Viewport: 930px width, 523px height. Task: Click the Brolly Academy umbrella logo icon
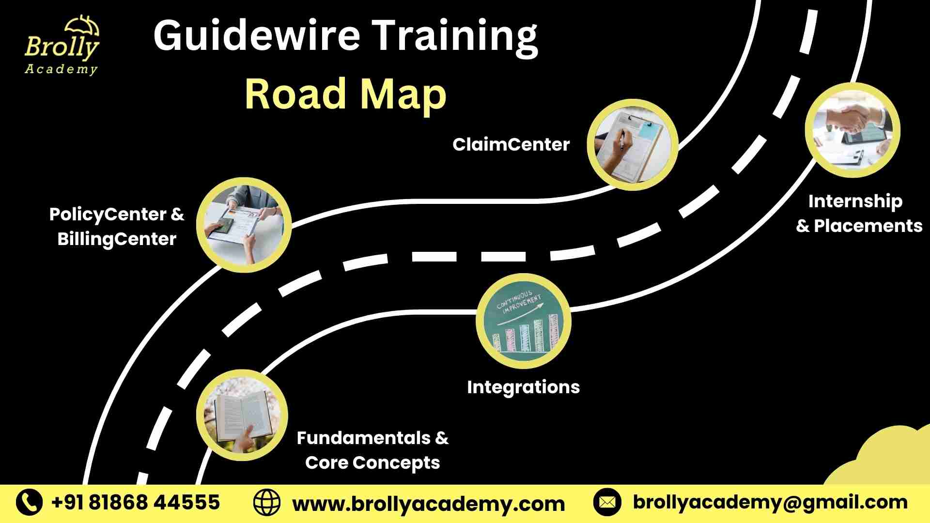[x=82, y=25]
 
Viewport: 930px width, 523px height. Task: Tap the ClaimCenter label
[x=511, y=144]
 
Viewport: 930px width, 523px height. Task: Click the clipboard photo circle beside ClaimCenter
[x=632, y=144]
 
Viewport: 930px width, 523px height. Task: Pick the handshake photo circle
[x=852, y=130]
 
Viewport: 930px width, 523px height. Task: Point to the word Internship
[x=855, y=201]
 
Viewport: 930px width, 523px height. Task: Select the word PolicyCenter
[x=108, y=215]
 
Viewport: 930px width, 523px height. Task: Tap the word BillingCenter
[x=117, y=239]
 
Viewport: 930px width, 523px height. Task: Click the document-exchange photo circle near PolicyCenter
[x=244, y=225]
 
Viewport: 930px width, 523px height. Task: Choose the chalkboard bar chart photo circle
[x=524, y=321]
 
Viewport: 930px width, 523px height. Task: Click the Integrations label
[x=523, y=387]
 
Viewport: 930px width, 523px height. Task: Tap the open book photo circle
[x=242, y=415]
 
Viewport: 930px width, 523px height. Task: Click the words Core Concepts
[x=372, y=463]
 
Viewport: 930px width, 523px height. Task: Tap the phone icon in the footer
[x=29, y=502]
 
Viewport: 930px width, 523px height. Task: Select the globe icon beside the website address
[x=267, y=503]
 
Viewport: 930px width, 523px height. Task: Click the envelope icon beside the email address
[x=607, y=502]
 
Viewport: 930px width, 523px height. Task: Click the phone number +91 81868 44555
[x=136, y=502]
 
